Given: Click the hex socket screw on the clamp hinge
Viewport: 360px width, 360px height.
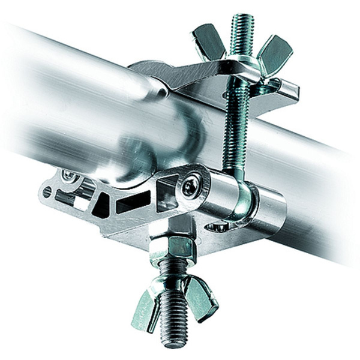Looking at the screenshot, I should pyautogui.click(x=191, y=186).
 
